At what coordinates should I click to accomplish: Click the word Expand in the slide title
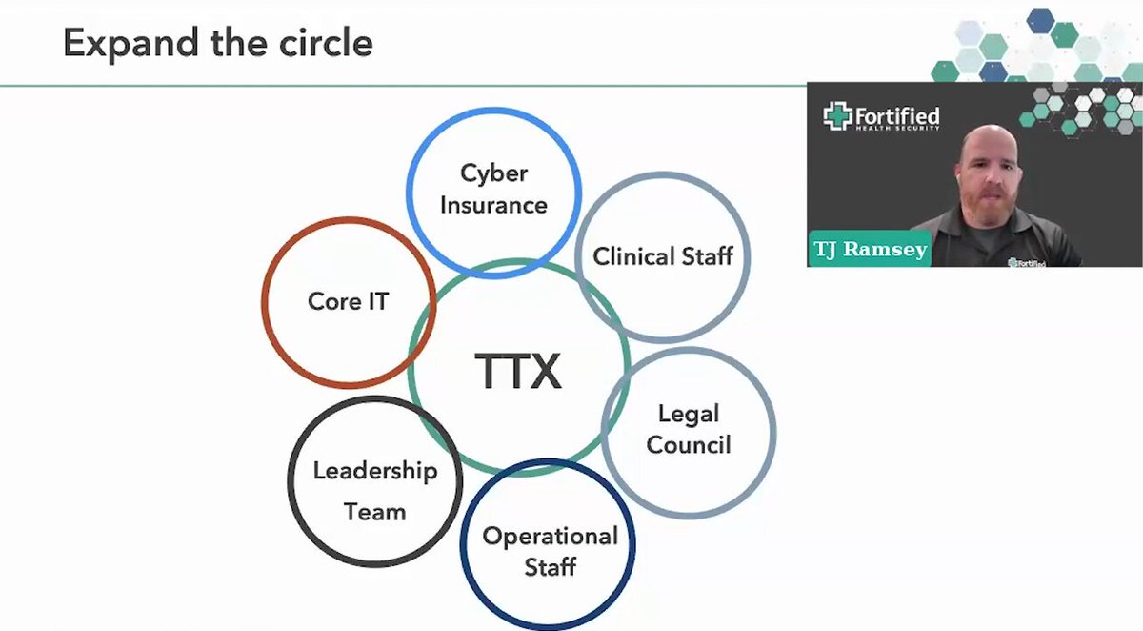(130, 44)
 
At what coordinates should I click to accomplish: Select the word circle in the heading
(326, 42)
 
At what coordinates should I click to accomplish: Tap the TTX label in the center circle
(518, 371)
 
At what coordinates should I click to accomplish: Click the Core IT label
(349, 301)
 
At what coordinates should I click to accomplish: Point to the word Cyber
(494, 173)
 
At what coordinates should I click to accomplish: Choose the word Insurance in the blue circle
(494, 205)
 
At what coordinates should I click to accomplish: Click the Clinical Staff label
(663, 255)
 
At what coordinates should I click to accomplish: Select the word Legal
(689, 414)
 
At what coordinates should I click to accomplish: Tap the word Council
(689, 444)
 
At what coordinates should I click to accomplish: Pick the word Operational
(551, 537)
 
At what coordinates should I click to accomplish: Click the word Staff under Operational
(551, 567)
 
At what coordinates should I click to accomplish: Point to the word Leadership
(375, 471)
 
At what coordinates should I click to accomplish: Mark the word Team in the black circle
(375, 512)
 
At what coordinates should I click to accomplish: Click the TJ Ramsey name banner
(870, 249)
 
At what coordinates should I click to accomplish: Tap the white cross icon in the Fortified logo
(837, 116)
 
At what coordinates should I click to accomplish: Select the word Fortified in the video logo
(897, 116)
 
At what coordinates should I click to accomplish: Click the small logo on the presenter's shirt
(1027, 262)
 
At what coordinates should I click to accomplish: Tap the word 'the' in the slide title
(238, 42)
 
